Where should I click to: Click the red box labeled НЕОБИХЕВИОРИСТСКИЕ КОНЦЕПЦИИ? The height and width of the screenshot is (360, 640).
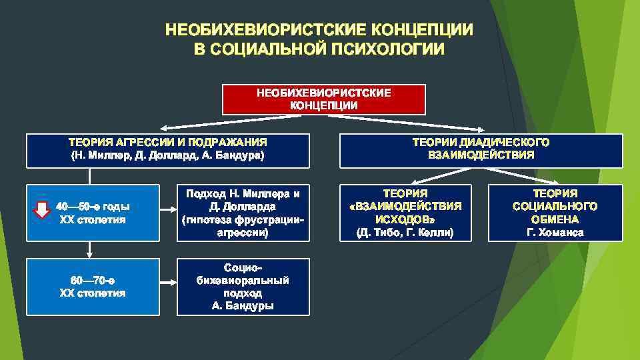coord(323,99)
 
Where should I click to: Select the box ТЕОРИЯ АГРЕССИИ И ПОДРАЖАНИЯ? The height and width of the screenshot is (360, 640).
coord(167,150)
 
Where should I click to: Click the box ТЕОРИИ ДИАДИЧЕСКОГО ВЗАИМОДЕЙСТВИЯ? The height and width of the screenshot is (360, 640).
coord(481,150)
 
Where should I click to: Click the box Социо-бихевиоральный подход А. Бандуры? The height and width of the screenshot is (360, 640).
coord(243,286)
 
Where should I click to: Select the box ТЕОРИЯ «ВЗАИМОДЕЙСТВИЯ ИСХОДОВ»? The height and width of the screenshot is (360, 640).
coord(405,213)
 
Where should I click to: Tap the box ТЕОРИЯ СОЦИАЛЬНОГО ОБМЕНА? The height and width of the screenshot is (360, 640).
coord(555,213)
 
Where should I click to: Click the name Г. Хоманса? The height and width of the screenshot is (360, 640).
coord(555,233)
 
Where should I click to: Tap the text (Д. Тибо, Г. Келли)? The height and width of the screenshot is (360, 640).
coord(405,233)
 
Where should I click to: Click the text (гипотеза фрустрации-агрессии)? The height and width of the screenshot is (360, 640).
coord(243,227)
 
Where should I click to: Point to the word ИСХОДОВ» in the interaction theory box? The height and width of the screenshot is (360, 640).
coord(405,219)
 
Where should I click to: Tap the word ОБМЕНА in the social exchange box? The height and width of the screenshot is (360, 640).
coord(555,219)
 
